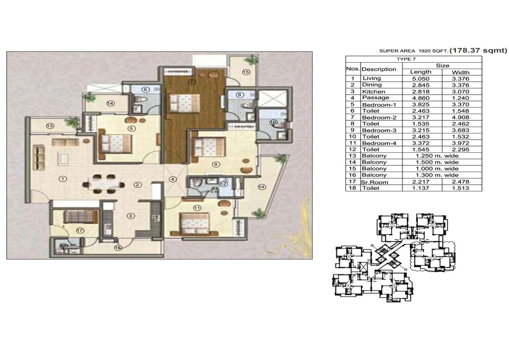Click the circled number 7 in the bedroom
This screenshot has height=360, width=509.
[x=191, y=82]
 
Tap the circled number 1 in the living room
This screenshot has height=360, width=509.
[x=63, y=179]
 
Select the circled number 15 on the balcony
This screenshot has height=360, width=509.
[x=246, y=72]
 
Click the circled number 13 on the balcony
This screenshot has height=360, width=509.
[x=50, y=126]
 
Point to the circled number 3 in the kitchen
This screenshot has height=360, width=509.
[x=131, y=216]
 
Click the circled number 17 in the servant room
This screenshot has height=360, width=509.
[x=80, y=231]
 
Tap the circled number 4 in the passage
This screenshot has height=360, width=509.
[x=173, y=179]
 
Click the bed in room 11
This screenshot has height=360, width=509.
[x=195, y=225]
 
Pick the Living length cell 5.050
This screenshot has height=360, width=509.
[x=421, y=78]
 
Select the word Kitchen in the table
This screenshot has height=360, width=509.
[x=374, y=92]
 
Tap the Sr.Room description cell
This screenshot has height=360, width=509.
[x=370, y=182]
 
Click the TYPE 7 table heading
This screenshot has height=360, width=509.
[x=406, y=59]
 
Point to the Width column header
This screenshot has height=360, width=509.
[x=460, y=72]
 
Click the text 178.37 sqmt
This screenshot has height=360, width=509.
[x=478, y=50]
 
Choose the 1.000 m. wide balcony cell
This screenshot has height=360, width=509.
[x=437, y=169]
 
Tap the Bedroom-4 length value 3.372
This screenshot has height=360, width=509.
[x=421, y=143]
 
